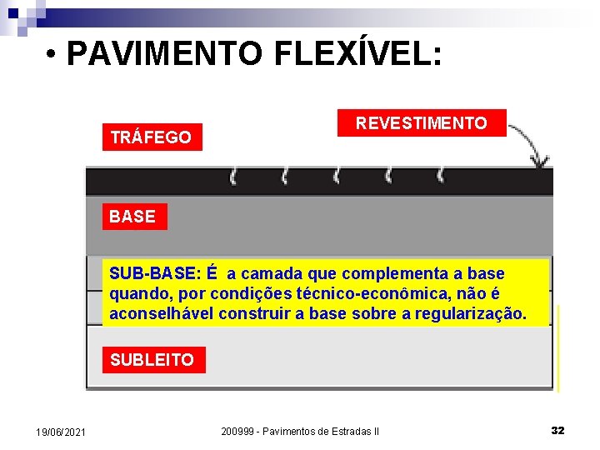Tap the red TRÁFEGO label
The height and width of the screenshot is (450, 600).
click(x=151, y=137)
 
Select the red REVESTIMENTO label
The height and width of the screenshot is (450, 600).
click(x=421, y=123)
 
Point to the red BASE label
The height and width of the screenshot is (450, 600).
click(x=132, y=217)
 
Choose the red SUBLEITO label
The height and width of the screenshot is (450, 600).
click(x=152, y=360)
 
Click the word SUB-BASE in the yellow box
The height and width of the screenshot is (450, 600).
click(x=154, y=273)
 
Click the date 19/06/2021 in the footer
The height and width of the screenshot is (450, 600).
click(x=60, y=432)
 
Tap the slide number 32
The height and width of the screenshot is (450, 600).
click(x=558, y=431)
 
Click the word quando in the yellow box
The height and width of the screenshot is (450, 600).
click(x=136, y=293)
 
